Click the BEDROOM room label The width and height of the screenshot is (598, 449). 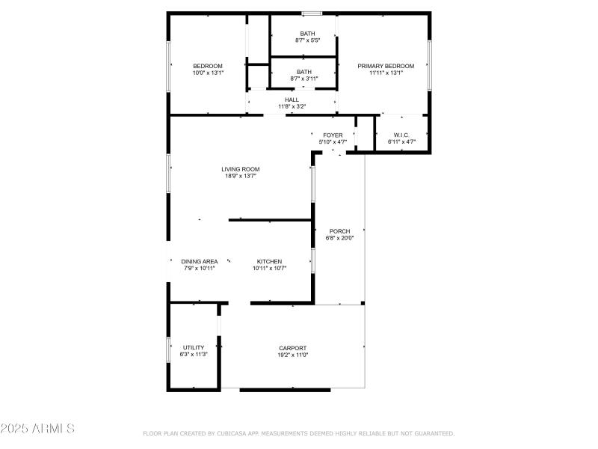click(208, 66)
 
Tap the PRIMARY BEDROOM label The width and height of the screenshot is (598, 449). click(386, 66)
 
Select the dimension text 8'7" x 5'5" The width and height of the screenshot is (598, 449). click(307, 40)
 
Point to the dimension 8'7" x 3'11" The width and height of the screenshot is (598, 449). click(304, 79)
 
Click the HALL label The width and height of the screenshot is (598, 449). click(292, 100)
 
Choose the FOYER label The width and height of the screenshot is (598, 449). click(333, 135)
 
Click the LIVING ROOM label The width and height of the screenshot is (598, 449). click(240, 169)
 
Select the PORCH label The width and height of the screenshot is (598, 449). click(339, 231)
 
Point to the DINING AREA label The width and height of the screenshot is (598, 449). click(200, 261)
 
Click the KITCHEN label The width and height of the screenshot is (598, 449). click(270, 261)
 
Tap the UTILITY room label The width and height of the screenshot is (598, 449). click(194, 347)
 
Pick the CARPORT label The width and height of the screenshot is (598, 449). click(293, 348)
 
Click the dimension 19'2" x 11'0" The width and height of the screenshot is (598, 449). click(293, 355)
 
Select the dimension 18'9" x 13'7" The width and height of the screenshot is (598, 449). click(240, 176)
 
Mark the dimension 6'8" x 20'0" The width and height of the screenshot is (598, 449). click(339, 238)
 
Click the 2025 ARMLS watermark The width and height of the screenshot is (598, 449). click(37, 429)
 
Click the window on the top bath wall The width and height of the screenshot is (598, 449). click(312, 13)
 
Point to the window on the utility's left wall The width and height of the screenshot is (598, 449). click(168, 349)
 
